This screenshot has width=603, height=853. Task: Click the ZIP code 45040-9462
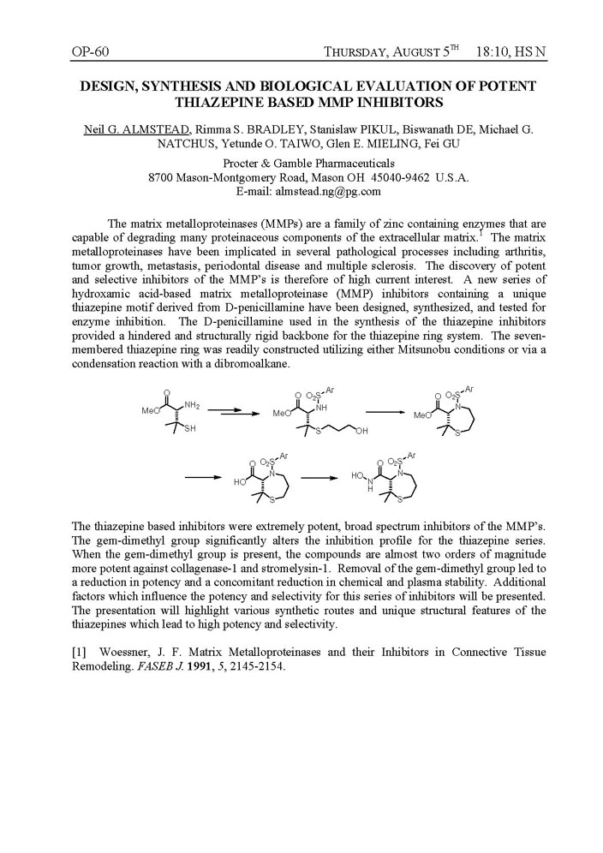(397, 176)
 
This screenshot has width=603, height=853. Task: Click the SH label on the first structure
(188, 429)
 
